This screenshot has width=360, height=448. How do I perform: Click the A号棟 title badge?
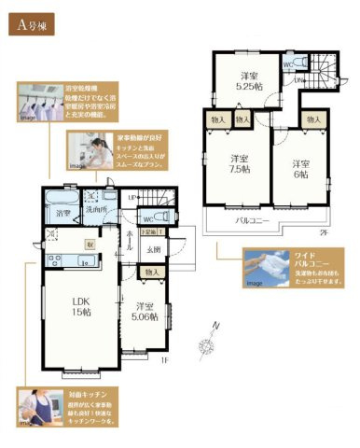click(x=35, y=26)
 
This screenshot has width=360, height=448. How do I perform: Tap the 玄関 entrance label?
click(x=152, y=248)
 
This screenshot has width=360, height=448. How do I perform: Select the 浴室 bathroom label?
click(x=63, y=214)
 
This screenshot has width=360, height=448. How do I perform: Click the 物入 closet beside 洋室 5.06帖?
click(x=151, y=272)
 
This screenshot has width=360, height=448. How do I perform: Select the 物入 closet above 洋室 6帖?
click(x=314, y=120)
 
